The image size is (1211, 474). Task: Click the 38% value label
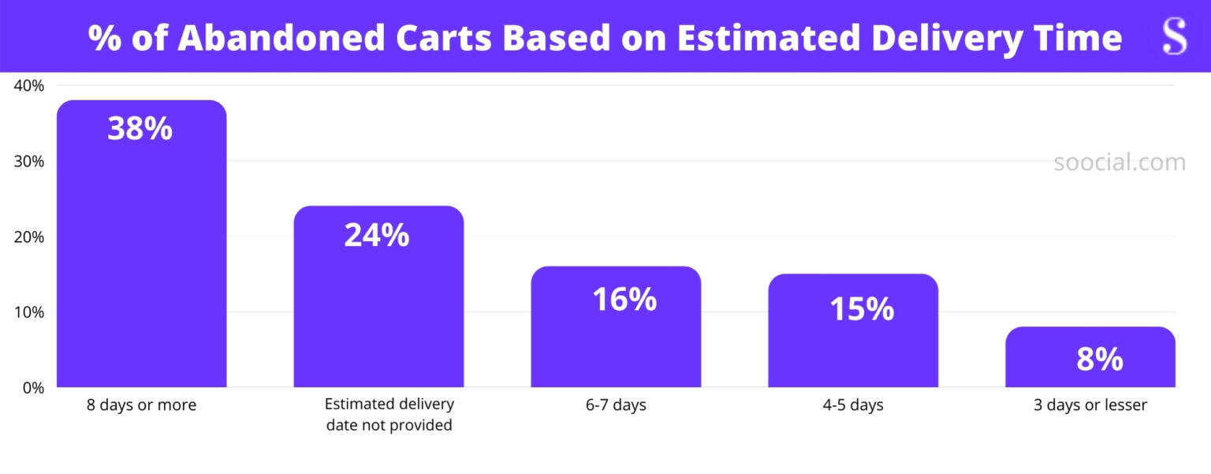click(x=140, y=129)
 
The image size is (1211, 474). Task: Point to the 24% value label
click(x=377, y=235)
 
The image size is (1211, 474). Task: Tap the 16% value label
click(x=624, y=299)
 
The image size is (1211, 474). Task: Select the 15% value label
click(x=861, y=309)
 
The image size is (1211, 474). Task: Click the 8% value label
click(x=1099, y=360)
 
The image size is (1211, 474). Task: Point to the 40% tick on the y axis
click(x=28, y=85)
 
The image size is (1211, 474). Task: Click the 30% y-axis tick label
click(x=28, y=161)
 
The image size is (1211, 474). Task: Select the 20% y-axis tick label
click(x=28, y=237)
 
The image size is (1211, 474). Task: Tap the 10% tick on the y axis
click(x=28, y=312)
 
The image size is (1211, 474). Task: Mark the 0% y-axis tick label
click(x=32, y=387)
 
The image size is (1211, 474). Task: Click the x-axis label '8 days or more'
click(x=141, y=405)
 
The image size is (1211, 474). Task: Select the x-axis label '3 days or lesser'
click(x=1090, y=405)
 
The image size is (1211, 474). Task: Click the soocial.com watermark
click(x=1119, y=162)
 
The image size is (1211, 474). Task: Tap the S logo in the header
click(x=1174, y=36)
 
